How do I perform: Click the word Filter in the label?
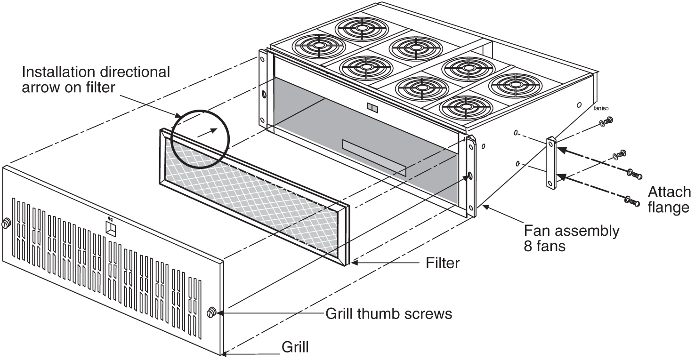coord(442,263)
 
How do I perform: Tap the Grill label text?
coord(295,347)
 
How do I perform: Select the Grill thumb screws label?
coord(389,313)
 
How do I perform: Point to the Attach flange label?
coord(668,200)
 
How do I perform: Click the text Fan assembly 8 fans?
coord(572,238)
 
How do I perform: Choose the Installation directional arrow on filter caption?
coord(96,80)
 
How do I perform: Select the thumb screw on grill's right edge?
coord(212,312)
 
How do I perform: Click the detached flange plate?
coord(551,163)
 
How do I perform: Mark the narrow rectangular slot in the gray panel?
coord(374,157)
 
